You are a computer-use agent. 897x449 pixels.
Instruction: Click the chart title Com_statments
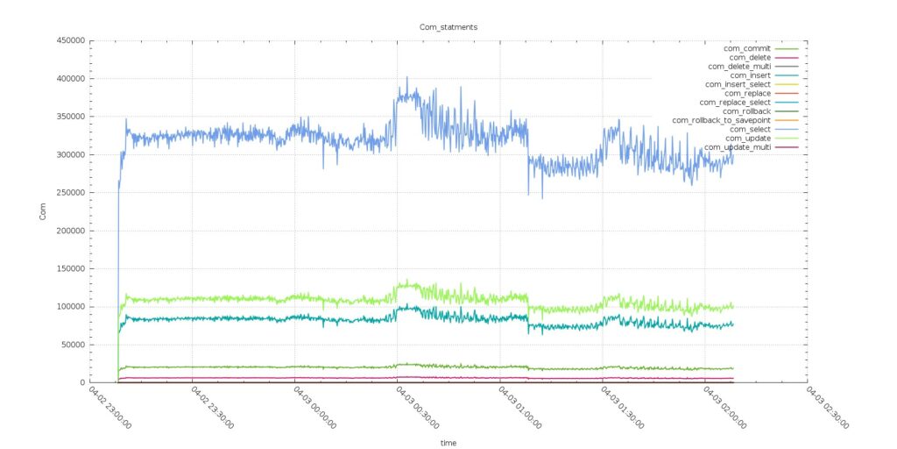tap(448, 27)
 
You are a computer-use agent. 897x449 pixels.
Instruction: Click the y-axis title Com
tap(43, 211)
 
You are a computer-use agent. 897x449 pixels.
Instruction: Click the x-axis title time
tap(448, 443)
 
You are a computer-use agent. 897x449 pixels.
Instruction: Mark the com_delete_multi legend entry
tap(738, 67)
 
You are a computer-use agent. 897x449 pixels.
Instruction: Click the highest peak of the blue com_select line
tap(406, 78)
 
